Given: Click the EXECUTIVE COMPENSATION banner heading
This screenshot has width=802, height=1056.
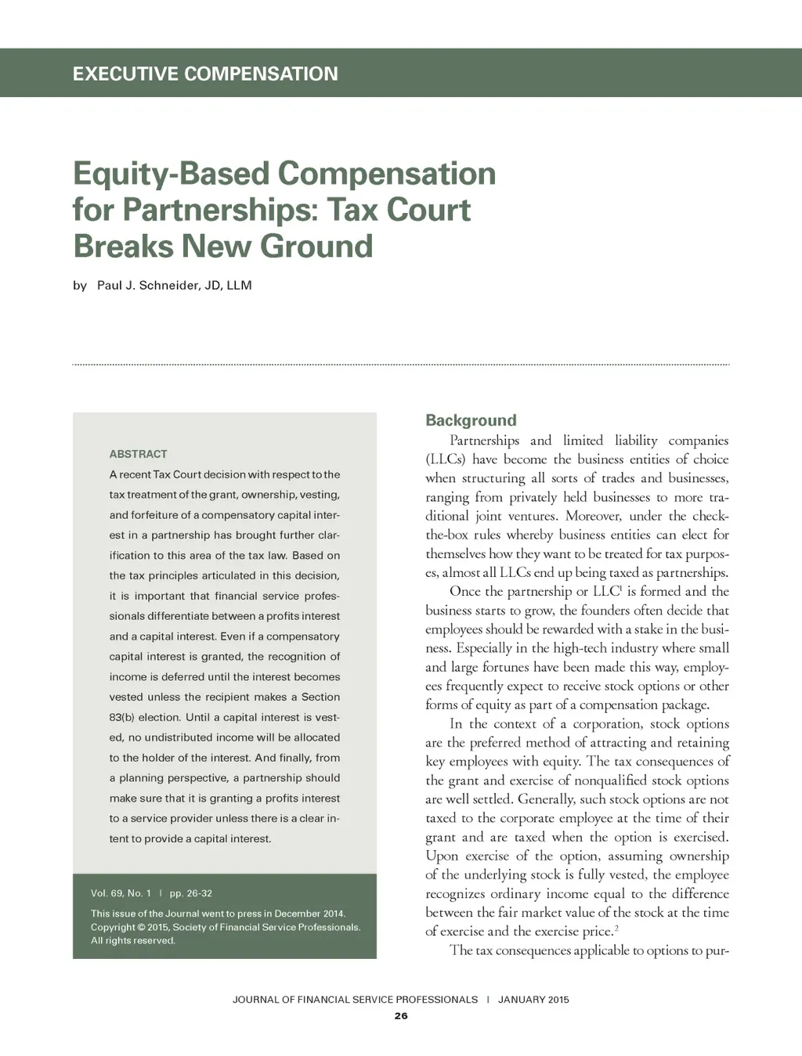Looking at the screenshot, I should pyautogui.click(x=205, y=74).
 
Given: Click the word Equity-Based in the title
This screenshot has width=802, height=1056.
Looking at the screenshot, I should pyautogui.click(x=173, y=174).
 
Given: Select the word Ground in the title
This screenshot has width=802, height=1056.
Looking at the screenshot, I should pyautogui.click(x=316, y=246).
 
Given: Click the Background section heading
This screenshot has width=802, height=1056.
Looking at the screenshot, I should pyautogui.click(x=471, y=420).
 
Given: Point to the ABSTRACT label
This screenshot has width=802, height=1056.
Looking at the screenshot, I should pyautogui.click(x=138, y=454).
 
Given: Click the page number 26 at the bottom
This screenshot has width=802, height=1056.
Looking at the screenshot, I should pyautogui.click(x=401, y=1016).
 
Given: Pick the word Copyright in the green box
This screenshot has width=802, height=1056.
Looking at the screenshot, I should pyautogui.click(x=112, y=928).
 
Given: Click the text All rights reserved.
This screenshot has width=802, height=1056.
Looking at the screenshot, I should pyautogui.click(x=132, y=941).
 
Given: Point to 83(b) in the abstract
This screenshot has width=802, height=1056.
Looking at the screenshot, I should pyautogui.click(x=122, y=718).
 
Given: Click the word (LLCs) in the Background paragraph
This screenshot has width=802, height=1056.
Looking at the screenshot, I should pyautogui.click(x=446, y=460).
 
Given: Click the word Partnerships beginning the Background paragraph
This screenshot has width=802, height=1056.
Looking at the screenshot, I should pyautogui.click(x=484, y=441).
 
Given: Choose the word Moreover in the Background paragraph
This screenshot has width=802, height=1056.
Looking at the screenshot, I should pyautogui.click(x=593, y=516).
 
